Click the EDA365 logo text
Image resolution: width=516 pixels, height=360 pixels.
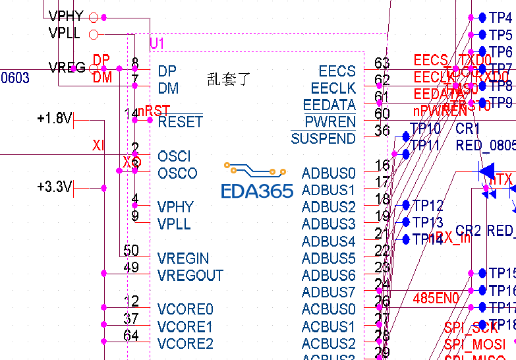(256, 191)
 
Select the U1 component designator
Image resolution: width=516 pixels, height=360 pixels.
(157, 44)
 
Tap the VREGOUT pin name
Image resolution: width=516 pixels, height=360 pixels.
(190, 276)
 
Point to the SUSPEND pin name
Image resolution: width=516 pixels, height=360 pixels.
(323, 139)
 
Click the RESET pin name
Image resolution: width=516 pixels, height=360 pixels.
(180, 122)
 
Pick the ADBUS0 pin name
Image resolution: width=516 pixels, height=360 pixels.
(328, 174)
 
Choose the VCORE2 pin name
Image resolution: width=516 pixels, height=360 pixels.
(185, 344)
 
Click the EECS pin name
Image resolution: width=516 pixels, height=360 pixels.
(337, 71)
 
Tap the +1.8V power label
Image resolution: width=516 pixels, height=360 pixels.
(54, 119)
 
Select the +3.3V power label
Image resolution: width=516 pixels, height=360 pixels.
(54, 187)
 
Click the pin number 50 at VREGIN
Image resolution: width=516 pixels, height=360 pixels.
(131, 251)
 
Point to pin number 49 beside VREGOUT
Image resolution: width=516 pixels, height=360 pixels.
(131, 268)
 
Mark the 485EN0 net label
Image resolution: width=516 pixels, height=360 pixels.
(436, 299)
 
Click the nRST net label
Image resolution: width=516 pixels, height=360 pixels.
(154, 110)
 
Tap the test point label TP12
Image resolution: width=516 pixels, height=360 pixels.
(428, 206)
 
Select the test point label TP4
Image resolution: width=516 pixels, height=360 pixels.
(501, 17)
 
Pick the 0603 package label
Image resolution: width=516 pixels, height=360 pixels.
(15, 78)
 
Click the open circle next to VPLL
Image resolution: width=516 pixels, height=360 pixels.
(93, 34)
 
